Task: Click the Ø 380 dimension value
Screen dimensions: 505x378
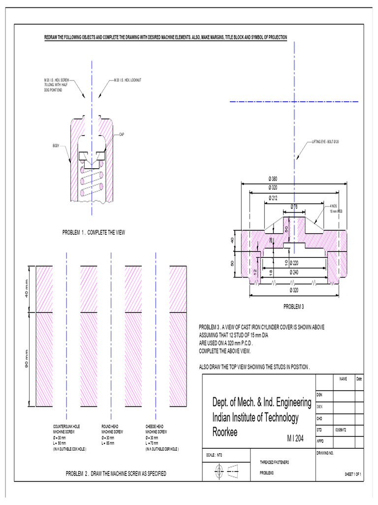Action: (272, 178)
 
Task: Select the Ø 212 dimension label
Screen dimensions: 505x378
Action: (272, 198)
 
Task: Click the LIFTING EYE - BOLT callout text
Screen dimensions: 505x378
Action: (325, 142)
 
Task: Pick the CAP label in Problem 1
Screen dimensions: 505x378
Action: (122, 134)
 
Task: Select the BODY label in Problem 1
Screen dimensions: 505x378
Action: (57, 145)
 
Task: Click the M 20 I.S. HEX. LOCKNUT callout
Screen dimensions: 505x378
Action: (127, 79)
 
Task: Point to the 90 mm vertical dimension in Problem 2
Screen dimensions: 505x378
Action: (27, 359)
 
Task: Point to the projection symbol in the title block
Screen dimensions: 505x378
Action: (226, 472)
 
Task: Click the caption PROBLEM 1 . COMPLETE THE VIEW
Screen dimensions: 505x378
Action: (94, 232)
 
